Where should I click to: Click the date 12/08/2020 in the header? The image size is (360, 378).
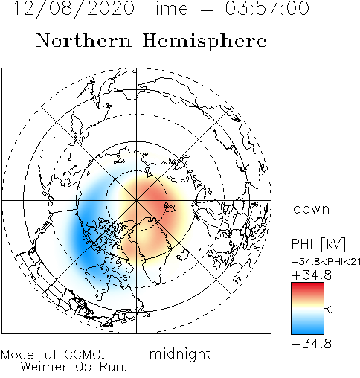(74, 8)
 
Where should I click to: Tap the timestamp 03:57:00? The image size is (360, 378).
(267, 8)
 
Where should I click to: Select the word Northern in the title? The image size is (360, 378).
(83, 40)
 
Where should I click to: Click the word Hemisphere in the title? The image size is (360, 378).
(205, 42)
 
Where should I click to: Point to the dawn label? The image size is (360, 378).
(312, 208)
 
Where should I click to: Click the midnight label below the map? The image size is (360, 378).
(180, 353)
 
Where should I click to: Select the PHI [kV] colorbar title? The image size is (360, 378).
(318, 244)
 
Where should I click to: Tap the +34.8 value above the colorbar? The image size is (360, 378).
(312, 275)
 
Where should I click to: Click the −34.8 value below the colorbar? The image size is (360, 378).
(312, 344)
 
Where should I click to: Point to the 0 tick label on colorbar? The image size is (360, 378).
(330, 310)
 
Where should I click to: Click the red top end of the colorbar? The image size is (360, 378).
(307, 286)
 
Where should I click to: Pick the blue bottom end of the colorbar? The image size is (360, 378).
(307, 330)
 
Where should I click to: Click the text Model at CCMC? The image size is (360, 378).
(53, 355)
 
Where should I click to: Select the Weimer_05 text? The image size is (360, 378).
(57, 367)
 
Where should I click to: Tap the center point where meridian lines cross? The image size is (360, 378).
(136, 200)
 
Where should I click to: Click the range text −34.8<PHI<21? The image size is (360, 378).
(326, 262)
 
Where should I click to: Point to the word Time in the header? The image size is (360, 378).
(167, 8)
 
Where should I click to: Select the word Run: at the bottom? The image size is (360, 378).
(114, 367)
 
